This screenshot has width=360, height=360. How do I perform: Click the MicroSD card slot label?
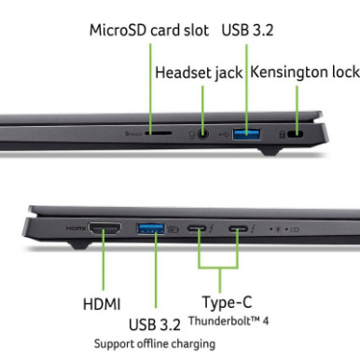pyautogui.click(x=147, y=29)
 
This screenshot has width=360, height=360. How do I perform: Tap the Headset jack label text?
pyautogui.click(x=199, y=72)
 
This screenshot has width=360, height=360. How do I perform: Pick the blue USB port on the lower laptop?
pyautogui.click(x=150, y=228)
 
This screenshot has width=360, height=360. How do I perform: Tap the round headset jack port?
pyautogui.click(x=202, y=133)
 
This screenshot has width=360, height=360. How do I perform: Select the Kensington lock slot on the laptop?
pyautogui.click(x=298, y=133)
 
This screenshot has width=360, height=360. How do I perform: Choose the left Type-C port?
pyautogui.click(x=199, y=228)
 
